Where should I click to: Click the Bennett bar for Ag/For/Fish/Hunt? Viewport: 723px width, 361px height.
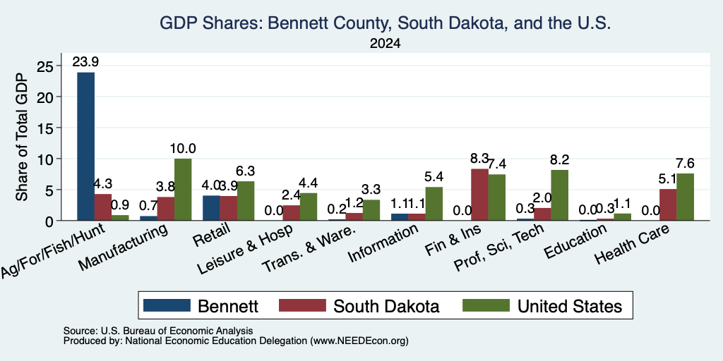tap(85, 147)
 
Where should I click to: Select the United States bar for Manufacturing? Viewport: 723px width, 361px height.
tap(183, 190)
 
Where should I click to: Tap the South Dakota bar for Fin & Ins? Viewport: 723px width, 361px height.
tap(479, 195)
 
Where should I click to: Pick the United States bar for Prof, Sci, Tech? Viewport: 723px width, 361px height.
tap(559, 195)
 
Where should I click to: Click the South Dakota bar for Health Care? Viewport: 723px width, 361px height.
tap(668, 205)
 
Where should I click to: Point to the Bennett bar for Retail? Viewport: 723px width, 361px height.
tap(211, 208)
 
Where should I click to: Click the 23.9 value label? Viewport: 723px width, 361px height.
tap(85, 62)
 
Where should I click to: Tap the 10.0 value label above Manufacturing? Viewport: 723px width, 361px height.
tap(183, 149)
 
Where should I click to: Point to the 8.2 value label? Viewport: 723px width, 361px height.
tap(559, 160)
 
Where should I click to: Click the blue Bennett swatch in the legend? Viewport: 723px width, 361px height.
tap(167, 305)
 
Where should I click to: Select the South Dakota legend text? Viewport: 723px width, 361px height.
tap(386, 306)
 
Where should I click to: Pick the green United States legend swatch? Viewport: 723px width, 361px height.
tap(486, 305)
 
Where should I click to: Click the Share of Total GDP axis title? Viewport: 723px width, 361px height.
tap(22, 137)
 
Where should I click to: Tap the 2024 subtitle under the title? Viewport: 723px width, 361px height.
tap(385, 44)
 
